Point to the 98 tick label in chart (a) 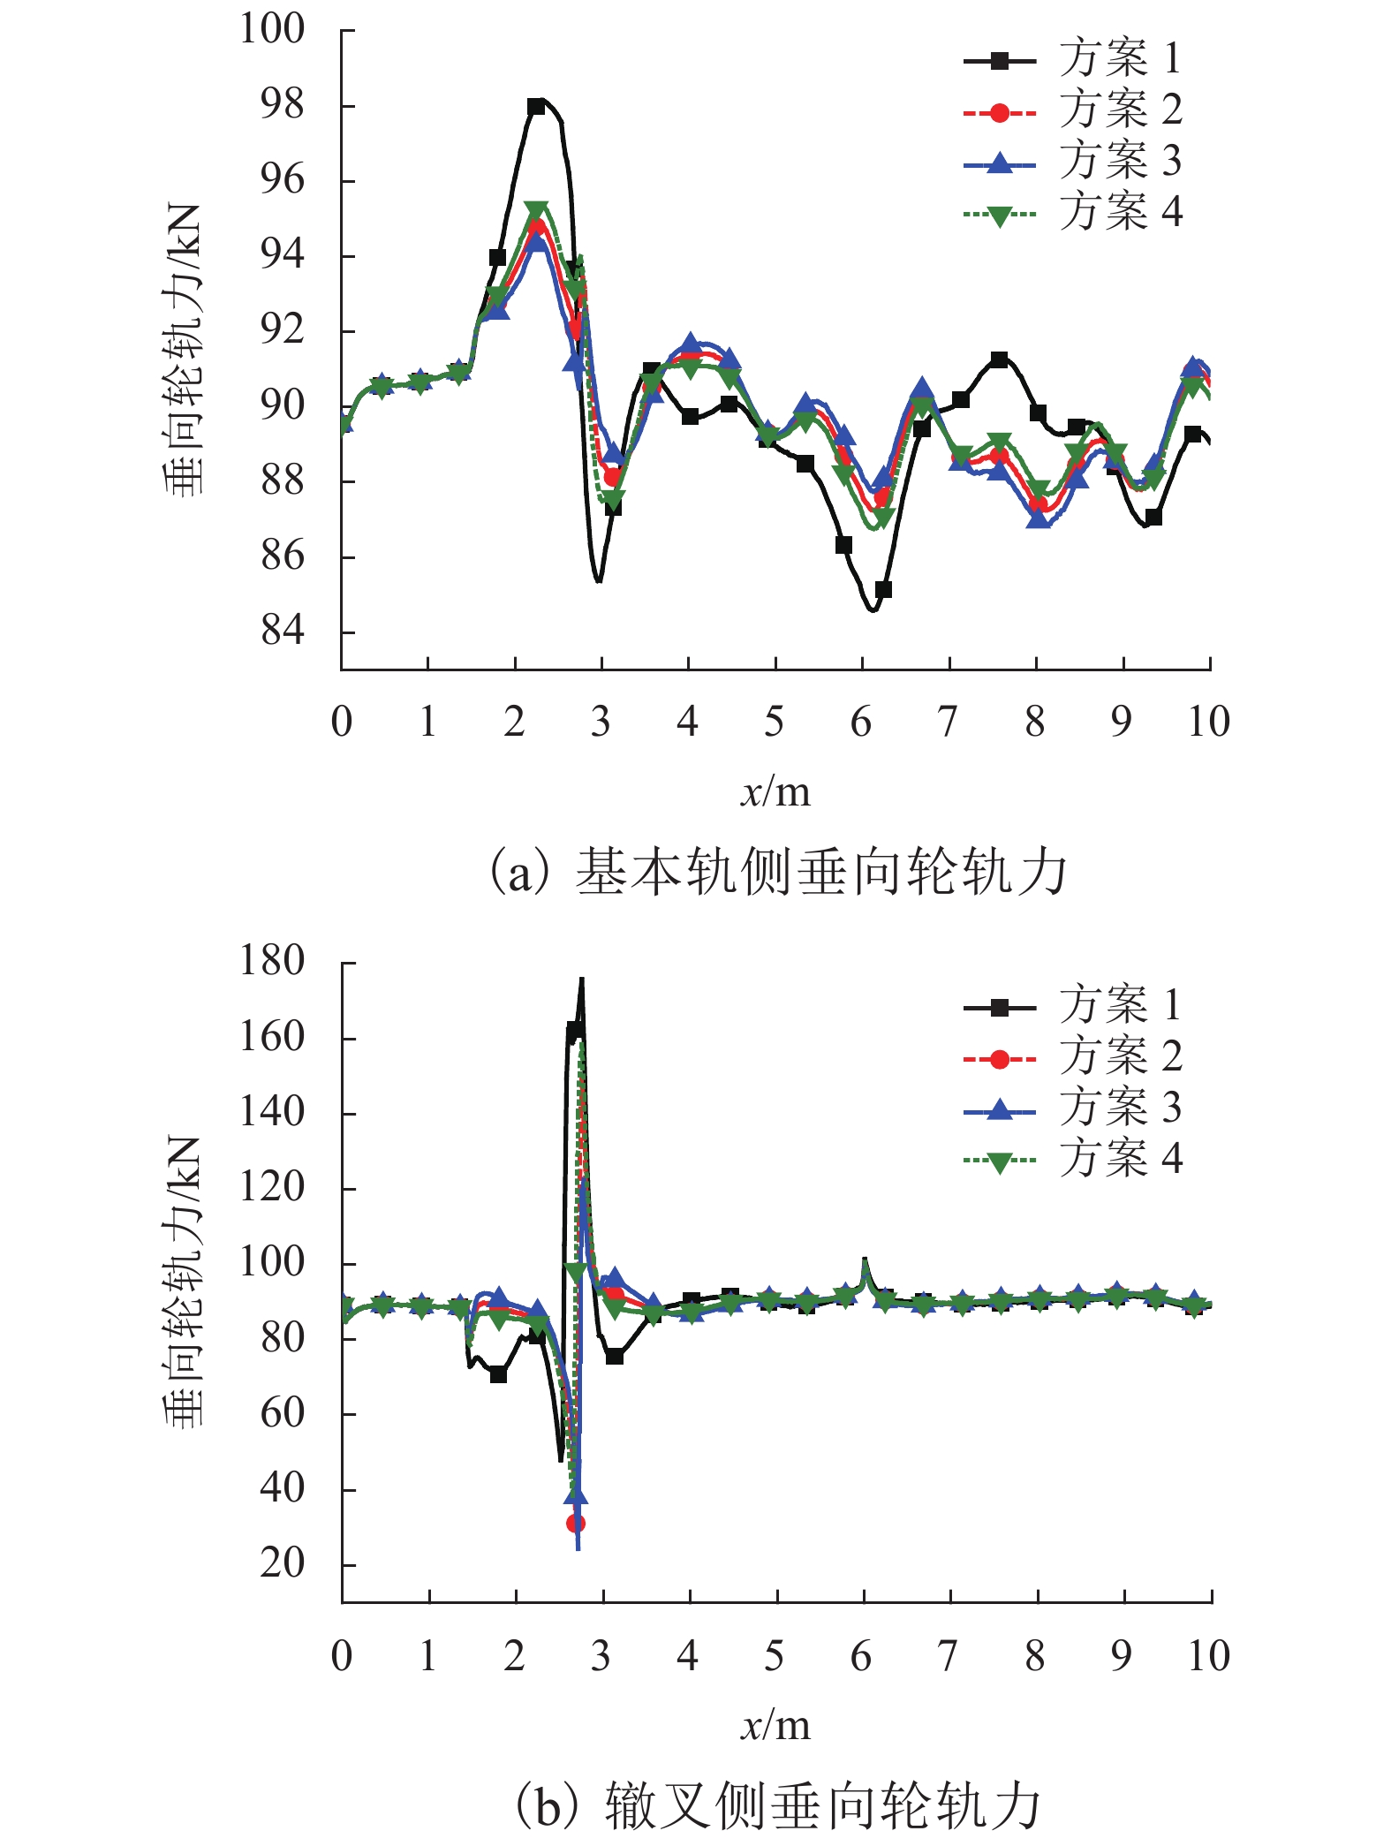pos(282,105)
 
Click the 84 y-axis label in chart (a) pos(282,632)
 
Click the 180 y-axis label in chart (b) pos(272,962)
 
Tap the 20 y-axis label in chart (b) pos(282,1564)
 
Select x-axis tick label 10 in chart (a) pos(1208,723)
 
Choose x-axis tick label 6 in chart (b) pos(861,1657)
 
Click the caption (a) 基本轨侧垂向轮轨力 pos(777,872)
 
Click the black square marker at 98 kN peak pos(535,107)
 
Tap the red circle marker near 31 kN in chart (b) pos(576,1523)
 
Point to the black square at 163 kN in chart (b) pos(574,1030)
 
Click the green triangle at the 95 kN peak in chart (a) pos(536,211)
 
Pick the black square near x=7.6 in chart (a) pos(999,359)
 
